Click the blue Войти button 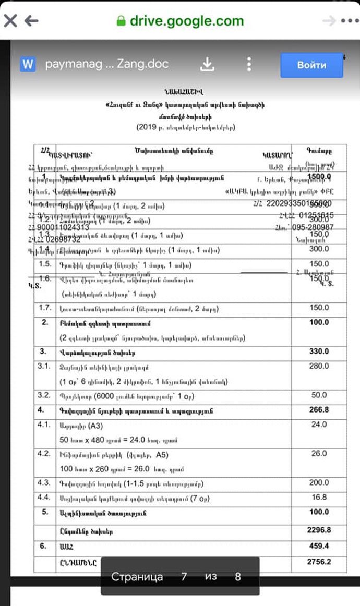tap(311, 65)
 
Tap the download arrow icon tap(208, 64)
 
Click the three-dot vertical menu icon tap(249, 64)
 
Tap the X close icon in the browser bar tap(11, 21)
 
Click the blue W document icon tap(28, 64)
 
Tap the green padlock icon tap(121, 21)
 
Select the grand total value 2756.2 tap(319, 562)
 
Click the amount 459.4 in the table tap(319, 546)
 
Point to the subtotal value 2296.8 tap(319, 530)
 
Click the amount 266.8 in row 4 tap(319, 410)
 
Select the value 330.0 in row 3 tap(319, 352)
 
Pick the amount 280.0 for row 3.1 tap(319, 366)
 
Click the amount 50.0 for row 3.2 tap(319, 395)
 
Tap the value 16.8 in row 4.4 tap(319, 497)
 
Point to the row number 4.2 tap(44, 453)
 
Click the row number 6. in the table tap(44, 546)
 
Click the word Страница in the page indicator tap(137, 577)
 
